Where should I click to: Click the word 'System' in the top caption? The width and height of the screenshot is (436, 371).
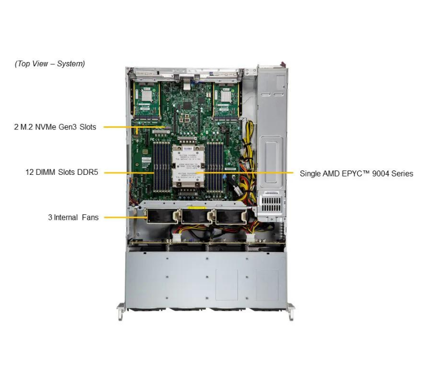coord(71,64)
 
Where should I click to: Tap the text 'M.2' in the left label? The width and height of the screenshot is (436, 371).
coord(27,127)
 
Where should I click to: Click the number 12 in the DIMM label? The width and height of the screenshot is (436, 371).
coord(30,173)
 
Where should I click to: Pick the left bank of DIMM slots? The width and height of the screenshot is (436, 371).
coord(160,166)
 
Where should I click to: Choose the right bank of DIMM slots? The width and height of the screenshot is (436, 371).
coord(214,166)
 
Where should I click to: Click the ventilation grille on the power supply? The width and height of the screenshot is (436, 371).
coord(269,205)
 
